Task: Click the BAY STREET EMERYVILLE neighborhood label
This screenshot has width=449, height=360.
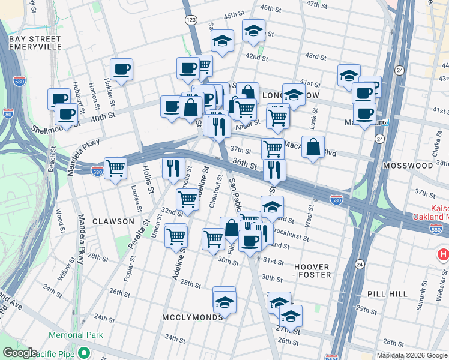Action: point(35,42)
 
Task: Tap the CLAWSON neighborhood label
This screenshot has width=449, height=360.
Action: point(113,221)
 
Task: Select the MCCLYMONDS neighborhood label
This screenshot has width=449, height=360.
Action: point(191,316)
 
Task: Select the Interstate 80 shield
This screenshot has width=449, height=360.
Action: point(8,112)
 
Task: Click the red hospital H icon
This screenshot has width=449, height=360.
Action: point(444,255)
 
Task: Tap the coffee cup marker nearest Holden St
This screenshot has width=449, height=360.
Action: point(121,70)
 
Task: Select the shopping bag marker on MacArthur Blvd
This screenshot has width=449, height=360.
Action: point(313,147)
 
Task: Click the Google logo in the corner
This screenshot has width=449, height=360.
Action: point(20,353)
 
